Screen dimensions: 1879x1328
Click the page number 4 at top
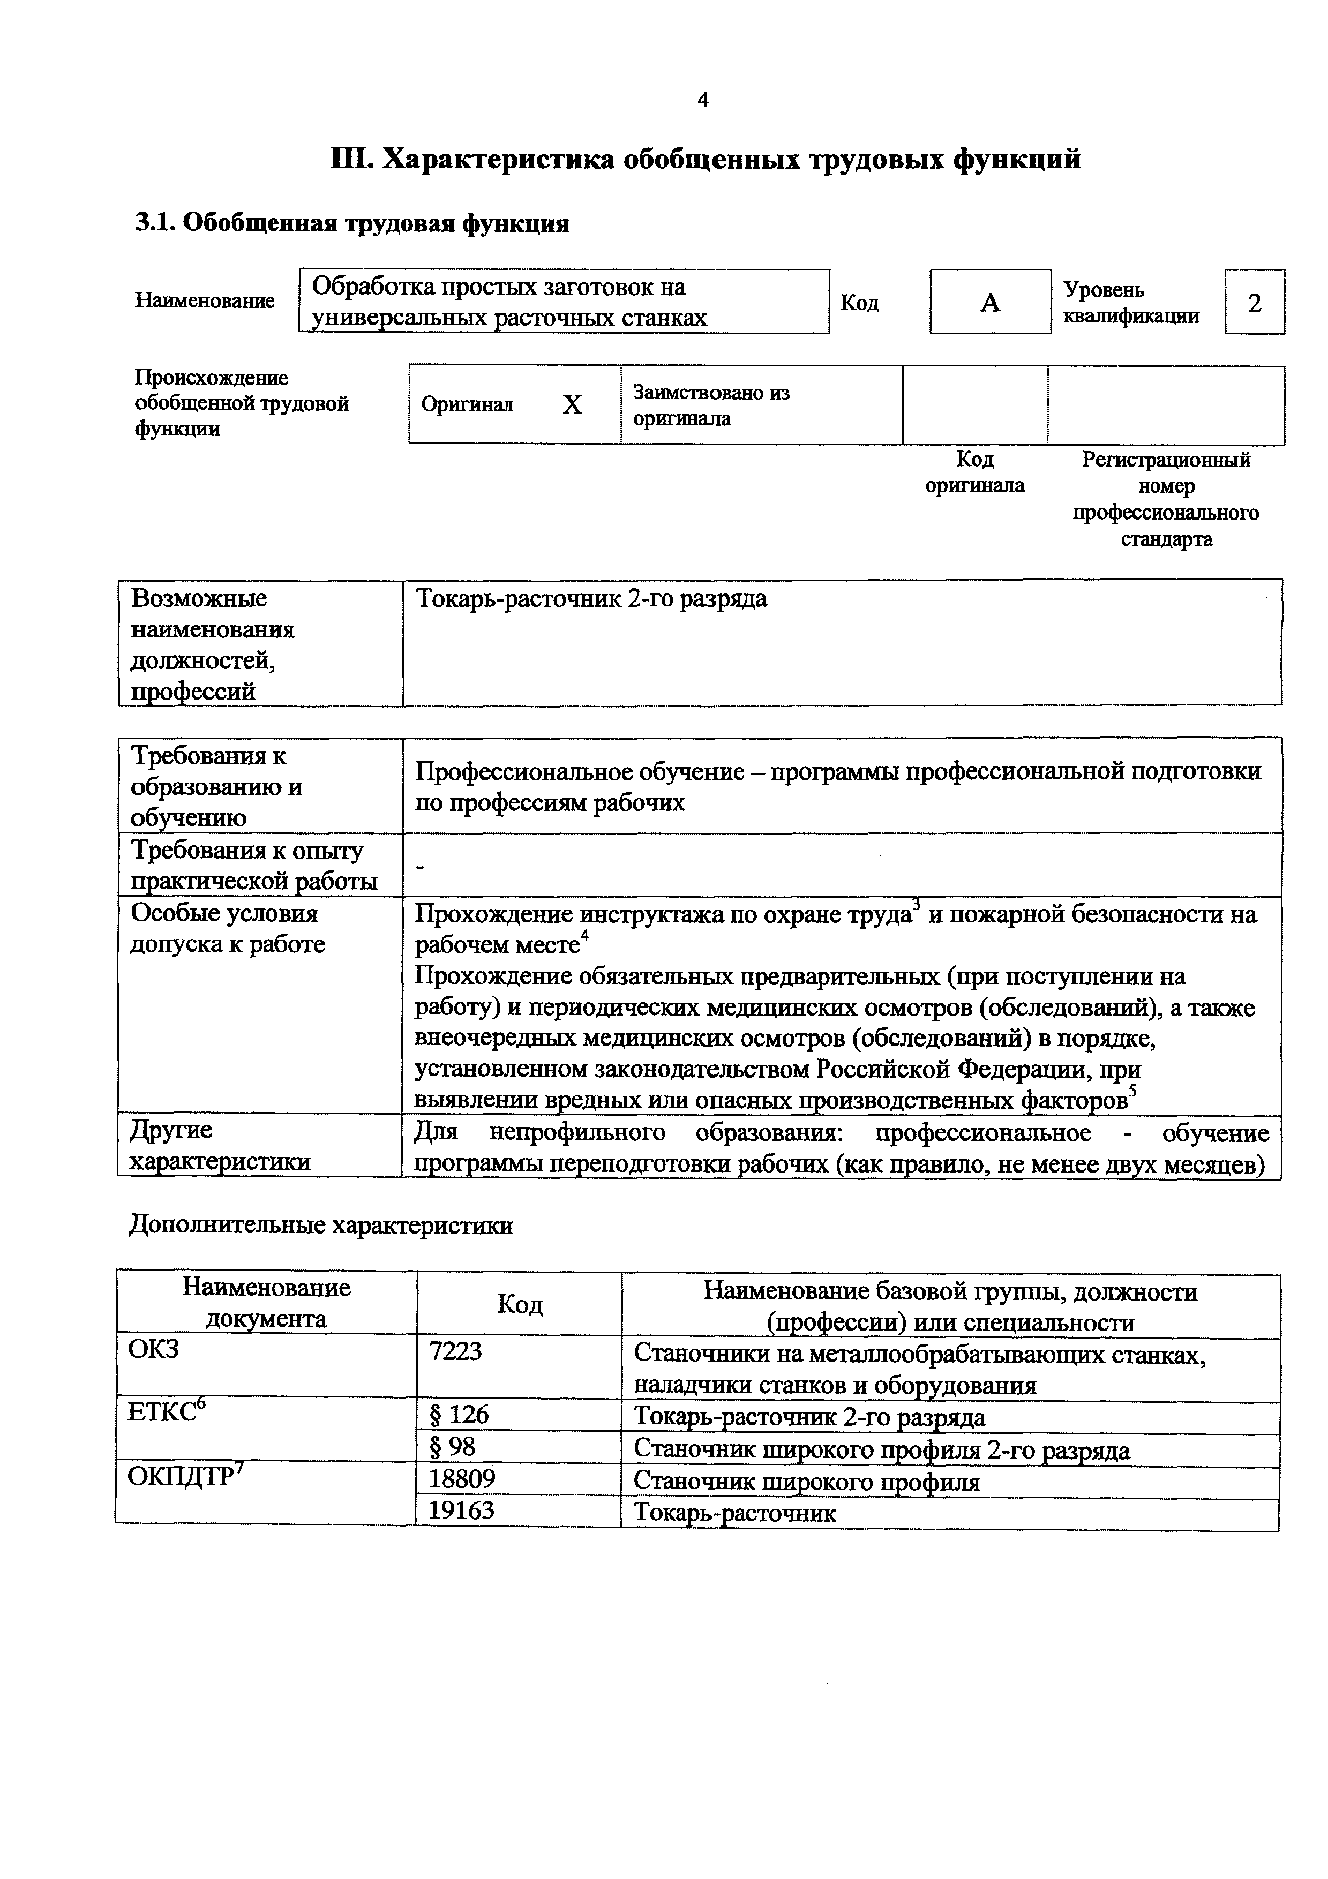tap(703, 101)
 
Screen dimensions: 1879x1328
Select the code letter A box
tap(990, 303)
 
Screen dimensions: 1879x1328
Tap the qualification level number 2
tap(1255, 303)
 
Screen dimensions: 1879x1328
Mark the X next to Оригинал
tap(572, 405)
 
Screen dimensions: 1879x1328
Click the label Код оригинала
tap(974, 473)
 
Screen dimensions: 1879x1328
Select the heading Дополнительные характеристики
tap(321, 1225)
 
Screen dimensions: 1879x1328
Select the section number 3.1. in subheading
tap(155, 223)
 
